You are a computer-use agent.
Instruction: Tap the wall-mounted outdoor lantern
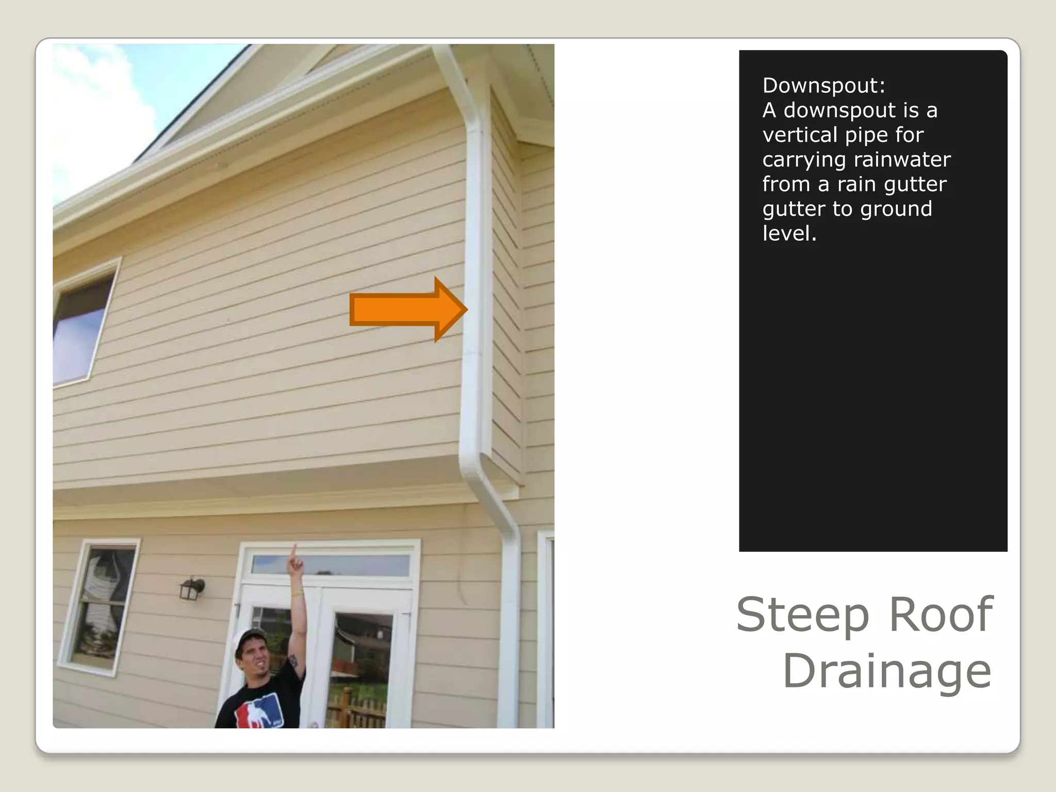[x=192, y=589]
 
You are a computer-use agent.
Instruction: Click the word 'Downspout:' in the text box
[x=823, y=86]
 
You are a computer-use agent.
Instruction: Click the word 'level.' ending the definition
[x=789, y=234]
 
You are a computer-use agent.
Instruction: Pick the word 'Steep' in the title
[x=802, y=615]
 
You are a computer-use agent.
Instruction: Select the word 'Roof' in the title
[x=941, y=615]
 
